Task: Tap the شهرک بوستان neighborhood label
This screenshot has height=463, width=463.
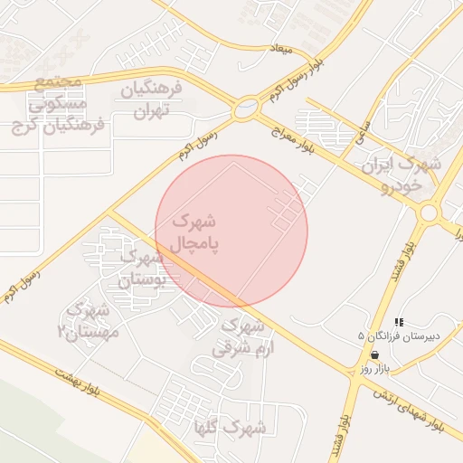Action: click(145, 269)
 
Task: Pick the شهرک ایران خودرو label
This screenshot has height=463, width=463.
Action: click(401, 175)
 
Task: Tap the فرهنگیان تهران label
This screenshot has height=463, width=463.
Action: click(152, 100)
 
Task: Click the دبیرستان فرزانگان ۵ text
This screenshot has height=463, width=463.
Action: click(398, 335)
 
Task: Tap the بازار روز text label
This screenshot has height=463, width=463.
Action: click(373, 369)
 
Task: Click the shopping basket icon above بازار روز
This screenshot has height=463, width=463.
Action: click(374, 354)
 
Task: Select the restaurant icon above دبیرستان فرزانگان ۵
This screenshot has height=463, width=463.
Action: click(399, 321)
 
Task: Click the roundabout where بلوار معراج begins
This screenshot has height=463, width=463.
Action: click(244, 109)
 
